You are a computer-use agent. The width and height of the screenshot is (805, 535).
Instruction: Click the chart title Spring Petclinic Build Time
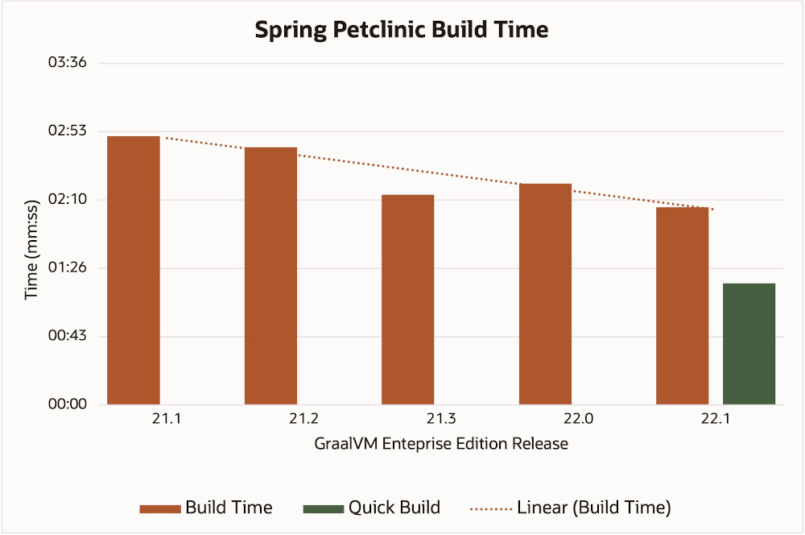click(x=402, y=31)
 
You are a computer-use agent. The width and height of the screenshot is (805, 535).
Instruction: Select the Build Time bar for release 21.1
click(x=134, y=270)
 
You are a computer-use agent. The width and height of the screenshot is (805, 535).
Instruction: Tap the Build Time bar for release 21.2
click(x=270, y=276)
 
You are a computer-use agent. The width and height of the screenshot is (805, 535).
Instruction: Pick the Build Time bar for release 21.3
click(x=407, y=299)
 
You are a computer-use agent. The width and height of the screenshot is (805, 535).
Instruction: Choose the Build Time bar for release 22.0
click(x=545, y=293)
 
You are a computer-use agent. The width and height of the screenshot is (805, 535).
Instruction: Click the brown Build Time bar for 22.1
click(x=682, y=305)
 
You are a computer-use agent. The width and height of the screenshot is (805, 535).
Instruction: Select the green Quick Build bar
click(x=749, y=343)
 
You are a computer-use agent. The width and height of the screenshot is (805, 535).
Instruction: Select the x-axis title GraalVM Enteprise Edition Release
click(x=441, y=444)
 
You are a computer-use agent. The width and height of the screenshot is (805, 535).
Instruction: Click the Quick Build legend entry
click(x=371, y=508)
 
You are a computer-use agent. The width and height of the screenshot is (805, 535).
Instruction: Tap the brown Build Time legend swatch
click(x=159, y=508)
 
